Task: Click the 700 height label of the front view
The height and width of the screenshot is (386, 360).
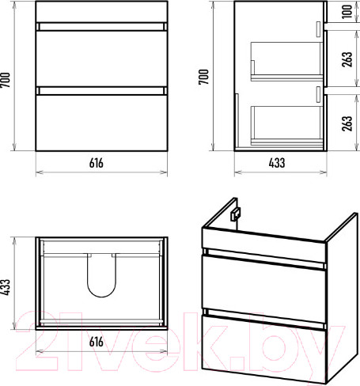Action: (x=6, y=80)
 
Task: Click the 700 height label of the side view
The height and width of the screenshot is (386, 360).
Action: (x=204, y=77)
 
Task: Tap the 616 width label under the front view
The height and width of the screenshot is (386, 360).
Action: (x=97, y=163)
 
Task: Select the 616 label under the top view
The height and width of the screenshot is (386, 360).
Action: (x=97, y=342)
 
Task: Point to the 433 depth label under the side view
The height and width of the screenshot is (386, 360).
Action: (x=277, y=163)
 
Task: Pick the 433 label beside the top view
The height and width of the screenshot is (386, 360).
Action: (x=6, y=287)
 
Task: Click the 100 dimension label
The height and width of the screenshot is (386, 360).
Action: (x=347, y=12)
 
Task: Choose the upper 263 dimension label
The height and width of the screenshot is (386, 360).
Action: (x=347, y=59)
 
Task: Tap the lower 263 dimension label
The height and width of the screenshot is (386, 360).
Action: (x=347, y=123)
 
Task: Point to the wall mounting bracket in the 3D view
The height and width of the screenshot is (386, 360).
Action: (x=235, y=214)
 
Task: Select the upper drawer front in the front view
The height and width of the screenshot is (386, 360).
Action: (x=101, y=59)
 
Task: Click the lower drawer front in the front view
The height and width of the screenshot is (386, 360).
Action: (x=101, y=123)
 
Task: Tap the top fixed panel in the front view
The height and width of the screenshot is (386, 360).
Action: (x=101, y=12)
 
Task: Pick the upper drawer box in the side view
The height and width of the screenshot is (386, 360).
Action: (x=287, y=61)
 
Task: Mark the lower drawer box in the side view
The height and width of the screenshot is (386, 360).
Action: (x=287, y=126)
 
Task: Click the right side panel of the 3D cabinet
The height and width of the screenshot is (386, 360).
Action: (x=342, y=298)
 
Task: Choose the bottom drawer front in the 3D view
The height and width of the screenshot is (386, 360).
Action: (x=263, y=349)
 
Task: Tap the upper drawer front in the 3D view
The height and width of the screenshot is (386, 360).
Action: (x=263, y=288)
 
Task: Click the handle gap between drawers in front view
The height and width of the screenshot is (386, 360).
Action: (x=101, y=91)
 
